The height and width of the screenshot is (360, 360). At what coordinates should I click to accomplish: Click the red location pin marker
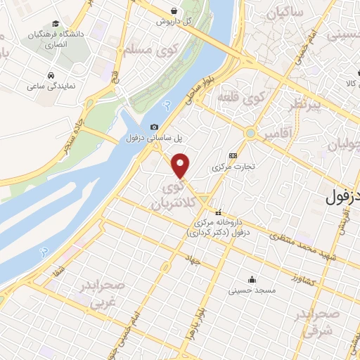point(181,166)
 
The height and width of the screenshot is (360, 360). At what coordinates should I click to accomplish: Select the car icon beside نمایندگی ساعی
point(51,75)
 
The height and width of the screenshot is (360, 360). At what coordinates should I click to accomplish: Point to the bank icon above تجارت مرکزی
point(233,156)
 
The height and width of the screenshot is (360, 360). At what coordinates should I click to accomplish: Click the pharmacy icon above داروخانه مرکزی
point(219,212)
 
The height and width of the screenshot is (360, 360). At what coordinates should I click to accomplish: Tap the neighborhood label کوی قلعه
point(241,96)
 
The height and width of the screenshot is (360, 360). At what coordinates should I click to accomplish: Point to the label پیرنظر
point(307,105)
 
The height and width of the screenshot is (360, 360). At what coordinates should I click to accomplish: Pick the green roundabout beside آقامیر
point(250,133)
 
